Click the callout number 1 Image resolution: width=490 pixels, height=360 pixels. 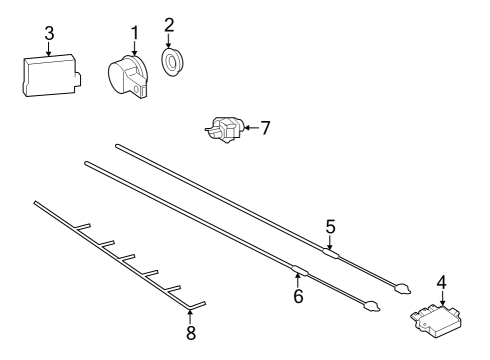[134, 33]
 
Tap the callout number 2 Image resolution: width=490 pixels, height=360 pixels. [169, 25]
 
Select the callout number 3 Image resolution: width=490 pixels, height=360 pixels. [49, 34]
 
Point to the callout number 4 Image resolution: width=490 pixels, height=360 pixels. [441, 282]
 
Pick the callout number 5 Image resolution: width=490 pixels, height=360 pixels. [330, 227]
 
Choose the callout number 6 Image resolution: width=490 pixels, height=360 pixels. [298, 296]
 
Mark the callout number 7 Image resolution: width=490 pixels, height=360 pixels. [265, 128]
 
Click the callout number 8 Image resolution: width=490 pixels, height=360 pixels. [191, 333]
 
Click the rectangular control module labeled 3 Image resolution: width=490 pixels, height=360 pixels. [52, 76]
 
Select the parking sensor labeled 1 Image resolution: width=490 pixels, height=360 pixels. [129, 77]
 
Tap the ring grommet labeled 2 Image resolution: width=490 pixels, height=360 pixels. [171, 62]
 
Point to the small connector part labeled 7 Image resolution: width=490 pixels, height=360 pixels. [225, 130]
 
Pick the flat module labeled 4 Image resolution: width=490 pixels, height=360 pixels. [436, 321]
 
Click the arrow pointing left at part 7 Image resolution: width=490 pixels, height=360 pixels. [251, 128]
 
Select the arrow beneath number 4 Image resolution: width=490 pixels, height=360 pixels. [442, 298]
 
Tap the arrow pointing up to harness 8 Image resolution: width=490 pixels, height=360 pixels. [190, 317]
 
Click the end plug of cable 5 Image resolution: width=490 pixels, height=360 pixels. [403, 289]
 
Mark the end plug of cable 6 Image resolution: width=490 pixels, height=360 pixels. [371, 306]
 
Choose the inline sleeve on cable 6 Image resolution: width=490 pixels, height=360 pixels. [300, 271]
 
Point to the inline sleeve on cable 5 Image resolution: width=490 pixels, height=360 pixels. [331, 253]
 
